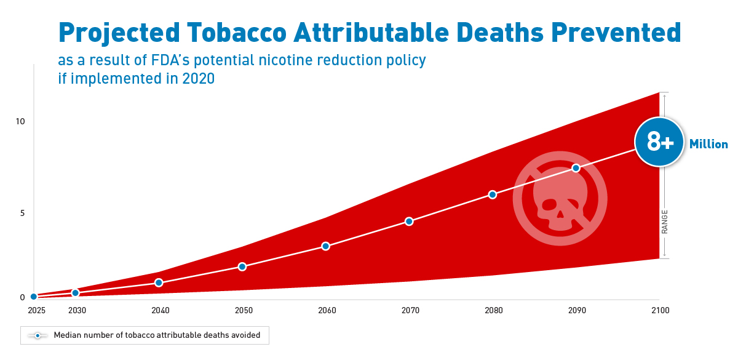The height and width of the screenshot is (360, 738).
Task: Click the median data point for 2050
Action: point(242,266)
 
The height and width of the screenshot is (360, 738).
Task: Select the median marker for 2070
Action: point(409,221)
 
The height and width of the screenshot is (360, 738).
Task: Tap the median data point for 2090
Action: point(576,168)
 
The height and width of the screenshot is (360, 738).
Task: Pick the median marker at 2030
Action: point(76,293)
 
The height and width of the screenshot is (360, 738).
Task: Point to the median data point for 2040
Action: point(159,282)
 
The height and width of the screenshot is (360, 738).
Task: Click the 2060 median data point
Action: point(325,246)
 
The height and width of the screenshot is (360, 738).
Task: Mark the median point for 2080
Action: point(492,194)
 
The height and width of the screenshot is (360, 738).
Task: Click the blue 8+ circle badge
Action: point(660,143)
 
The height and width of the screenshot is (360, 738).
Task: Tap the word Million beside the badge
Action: point(708,145)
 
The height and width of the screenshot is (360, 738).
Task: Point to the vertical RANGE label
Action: point(665,222)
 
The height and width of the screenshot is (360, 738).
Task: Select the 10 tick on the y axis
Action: point(20,121)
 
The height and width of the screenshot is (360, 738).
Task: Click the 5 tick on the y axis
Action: point(22,213)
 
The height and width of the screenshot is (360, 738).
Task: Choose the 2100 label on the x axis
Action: point(660,310)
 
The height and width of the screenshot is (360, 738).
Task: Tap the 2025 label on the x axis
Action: point(37,310)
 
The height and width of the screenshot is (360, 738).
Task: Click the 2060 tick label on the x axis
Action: point(327,310)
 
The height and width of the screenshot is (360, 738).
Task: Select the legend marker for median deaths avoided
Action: point(38,335)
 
